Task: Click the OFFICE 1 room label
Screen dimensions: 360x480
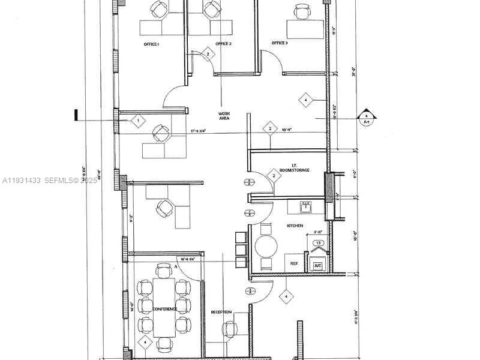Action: click(x=151, y=44)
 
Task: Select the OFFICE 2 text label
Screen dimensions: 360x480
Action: click(x=223, y=44)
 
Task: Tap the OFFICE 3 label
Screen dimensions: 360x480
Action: click(x=280, y=43)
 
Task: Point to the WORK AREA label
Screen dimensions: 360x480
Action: click(x=225, y=116)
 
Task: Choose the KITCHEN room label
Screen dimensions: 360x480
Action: click(x=295, y=226)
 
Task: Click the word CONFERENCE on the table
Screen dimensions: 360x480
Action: click(x=164, y=309)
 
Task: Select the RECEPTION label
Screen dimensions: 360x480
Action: click(x=221, y=312)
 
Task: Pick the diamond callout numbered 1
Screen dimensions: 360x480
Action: click(x=138, y=121)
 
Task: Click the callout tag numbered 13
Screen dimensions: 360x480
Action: click(x=319, y=243)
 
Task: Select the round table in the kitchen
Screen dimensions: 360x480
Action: click(x=266, y=247)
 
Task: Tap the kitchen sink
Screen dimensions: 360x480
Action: click(x=306, y=206)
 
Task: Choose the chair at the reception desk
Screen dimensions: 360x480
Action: click(x=230, y=329)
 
